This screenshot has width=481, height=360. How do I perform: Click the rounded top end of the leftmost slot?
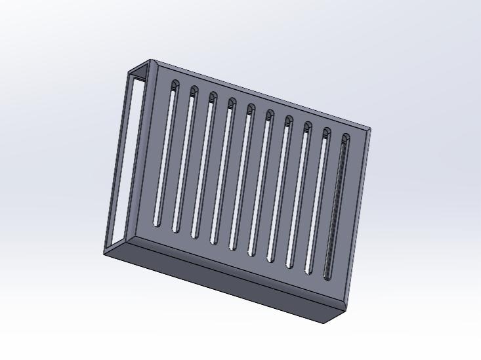(174, 85)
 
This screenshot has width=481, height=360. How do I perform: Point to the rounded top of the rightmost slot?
(345, 138)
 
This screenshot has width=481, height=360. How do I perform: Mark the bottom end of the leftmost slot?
(156, 223)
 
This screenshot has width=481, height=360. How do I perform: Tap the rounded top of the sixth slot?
(268, 115)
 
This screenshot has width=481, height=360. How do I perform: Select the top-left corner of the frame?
(151, 61)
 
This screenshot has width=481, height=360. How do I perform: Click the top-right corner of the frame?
(369, 129)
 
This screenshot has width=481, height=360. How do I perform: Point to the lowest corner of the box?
(324, 322)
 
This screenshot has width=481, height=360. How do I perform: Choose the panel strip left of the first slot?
(151, 151)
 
